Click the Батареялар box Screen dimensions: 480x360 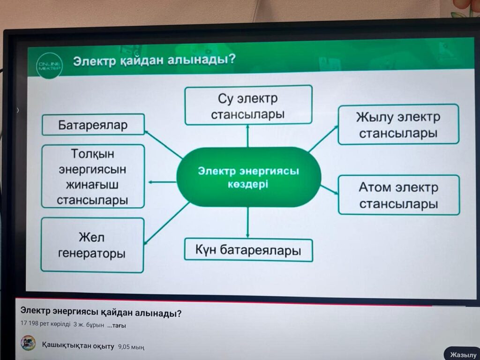93,125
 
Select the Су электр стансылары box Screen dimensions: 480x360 248,105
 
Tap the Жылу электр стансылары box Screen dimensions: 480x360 398,124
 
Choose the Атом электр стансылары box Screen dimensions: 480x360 399,195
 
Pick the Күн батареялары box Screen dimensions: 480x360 248,250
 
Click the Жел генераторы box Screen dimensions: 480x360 92,245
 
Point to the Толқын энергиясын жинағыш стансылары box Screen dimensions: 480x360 93,176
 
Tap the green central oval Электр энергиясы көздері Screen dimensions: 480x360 248,177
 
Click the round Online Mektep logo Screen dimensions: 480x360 49,66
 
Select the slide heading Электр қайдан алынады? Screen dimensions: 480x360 154,60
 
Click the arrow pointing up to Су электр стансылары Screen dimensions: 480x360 247,136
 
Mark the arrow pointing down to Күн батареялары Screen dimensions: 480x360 247,223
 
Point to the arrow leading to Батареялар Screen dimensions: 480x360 164,144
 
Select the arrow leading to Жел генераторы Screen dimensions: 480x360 166,223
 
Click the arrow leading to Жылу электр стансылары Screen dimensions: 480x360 323,139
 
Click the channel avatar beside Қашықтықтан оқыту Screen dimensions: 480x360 28,343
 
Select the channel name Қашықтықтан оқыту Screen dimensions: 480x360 78,346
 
